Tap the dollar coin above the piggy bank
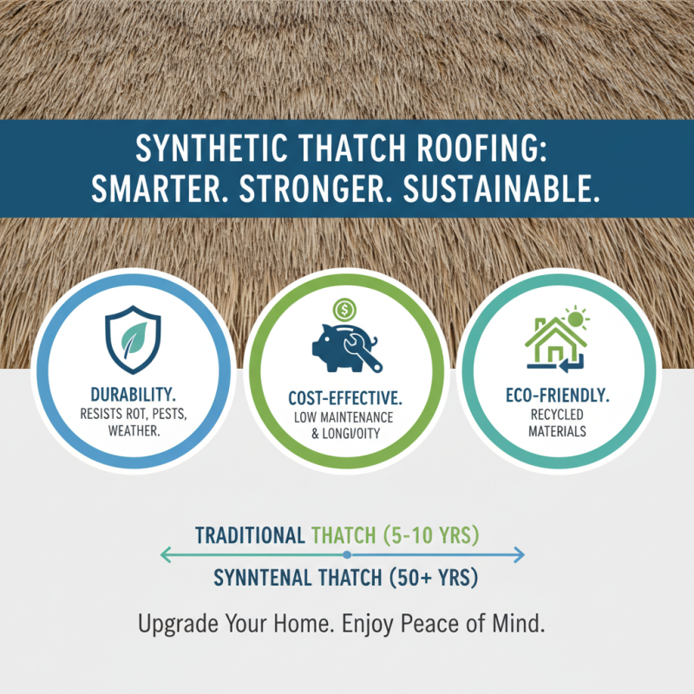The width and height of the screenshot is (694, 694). [344, 309]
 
